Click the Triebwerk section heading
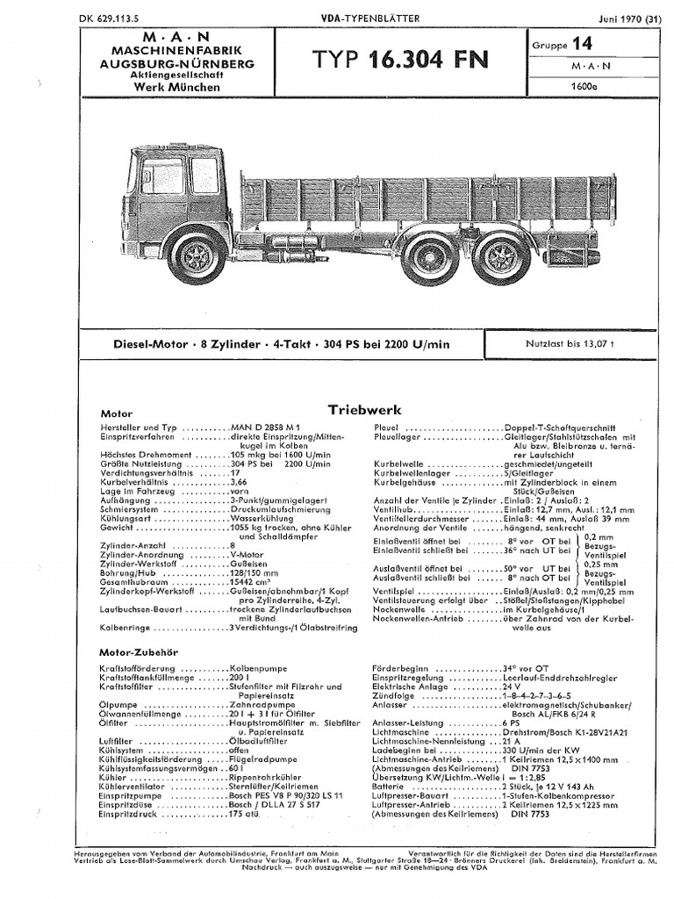click(364, 409)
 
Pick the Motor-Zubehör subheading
click(140, 652)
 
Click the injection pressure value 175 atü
click(245, 816)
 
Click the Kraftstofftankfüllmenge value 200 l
click(239, 677)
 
